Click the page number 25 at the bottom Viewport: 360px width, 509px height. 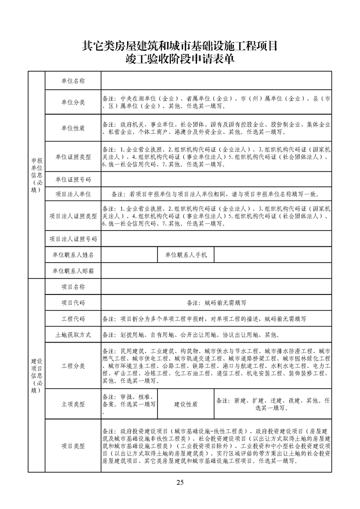coord(180,482)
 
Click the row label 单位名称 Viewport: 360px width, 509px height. coord(73,81)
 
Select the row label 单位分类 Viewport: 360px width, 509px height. coord(73,103)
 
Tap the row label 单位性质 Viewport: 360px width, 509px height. coord(73,128)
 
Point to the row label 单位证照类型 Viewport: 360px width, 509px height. coord(73,157)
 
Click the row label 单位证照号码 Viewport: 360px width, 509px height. coord(73,179)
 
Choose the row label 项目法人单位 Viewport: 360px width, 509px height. coord(73,194)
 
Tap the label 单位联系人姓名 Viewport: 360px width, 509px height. coord(73,255)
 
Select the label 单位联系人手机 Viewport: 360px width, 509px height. coord(186,255)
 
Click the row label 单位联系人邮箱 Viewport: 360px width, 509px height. coord(73,271)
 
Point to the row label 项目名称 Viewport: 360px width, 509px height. coord(73,287)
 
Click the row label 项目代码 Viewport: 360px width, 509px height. coord(73,303)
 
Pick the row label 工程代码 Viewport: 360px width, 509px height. coord(73,319)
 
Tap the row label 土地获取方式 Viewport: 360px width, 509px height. coord(73,335)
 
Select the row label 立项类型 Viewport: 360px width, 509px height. coord(73,405)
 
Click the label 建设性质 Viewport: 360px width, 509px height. coord(186,405)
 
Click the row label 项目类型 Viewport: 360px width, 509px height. coord(73,446)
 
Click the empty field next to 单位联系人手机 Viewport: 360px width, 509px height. coord(273,255)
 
